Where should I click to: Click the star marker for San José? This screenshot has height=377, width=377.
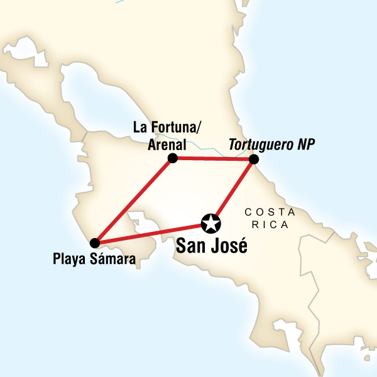tap(210, 222)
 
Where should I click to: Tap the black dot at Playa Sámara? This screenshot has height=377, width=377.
tap(94, 243)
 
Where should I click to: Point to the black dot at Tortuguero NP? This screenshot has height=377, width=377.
tap(253, 160)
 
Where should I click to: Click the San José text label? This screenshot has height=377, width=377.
tap(211, 246)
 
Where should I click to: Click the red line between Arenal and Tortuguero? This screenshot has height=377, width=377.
tap(212, 159)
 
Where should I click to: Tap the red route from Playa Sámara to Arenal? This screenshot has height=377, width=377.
tap(133, 201)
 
